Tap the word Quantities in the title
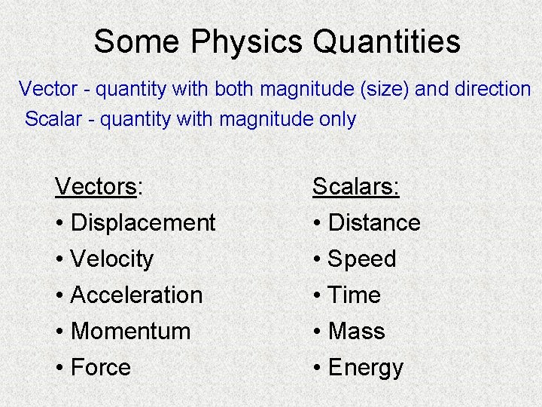[386, 42]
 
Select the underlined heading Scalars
[356, 186]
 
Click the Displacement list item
[142, 222]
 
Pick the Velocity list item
[111, 259]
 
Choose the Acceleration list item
[136, 295]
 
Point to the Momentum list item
[130, 331]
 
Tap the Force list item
[100, 367]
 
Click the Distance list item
[374, 222]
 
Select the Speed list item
[362, 259]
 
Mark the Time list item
[355, 295]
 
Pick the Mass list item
[357, 331]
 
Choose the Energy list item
[366, 367]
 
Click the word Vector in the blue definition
[47, 89]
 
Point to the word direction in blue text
[493, 89]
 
